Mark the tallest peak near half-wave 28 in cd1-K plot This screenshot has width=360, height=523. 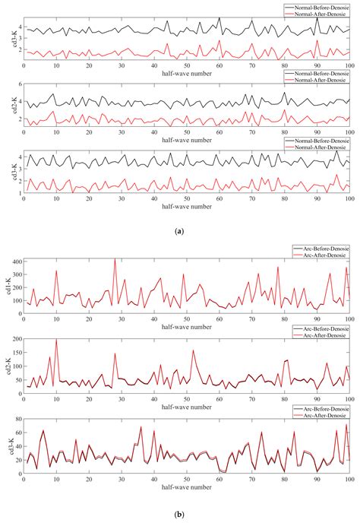point(115,259)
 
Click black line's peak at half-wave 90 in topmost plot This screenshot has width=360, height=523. point(317,18)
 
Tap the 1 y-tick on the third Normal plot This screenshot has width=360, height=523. point(20,193)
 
